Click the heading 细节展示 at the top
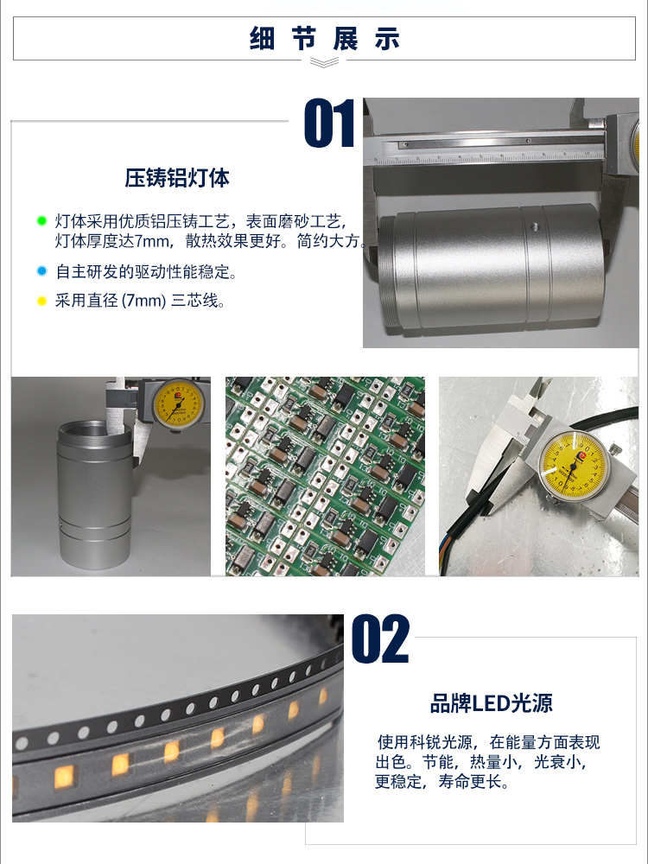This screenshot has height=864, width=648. [x=325, y=39]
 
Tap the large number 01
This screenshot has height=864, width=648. [x=329, y=123]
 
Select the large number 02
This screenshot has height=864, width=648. [x=380, y=639]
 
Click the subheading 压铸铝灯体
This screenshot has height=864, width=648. [x=177, y=178]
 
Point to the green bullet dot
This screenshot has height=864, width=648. [x=41, y=221]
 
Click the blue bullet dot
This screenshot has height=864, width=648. [x=41, y=271]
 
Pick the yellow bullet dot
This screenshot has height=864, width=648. [x=41, y=301]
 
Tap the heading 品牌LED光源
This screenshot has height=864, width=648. [x=491, y=703]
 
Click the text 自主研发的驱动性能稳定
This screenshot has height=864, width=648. [x=146, y=271]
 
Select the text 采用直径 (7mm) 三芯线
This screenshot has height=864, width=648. [x=140, y=301]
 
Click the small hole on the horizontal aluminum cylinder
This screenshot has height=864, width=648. [x=534, y=226]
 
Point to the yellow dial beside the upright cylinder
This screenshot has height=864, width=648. [x=177, y=404]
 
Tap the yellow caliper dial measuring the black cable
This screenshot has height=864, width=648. [x=573, y=466]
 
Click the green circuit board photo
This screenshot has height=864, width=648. [x=325, y=477]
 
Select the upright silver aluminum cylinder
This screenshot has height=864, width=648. [x=94, y=494]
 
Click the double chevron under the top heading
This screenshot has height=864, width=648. [x=325, y=62]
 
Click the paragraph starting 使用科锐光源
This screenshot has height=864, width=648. [x=487, y=762]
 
